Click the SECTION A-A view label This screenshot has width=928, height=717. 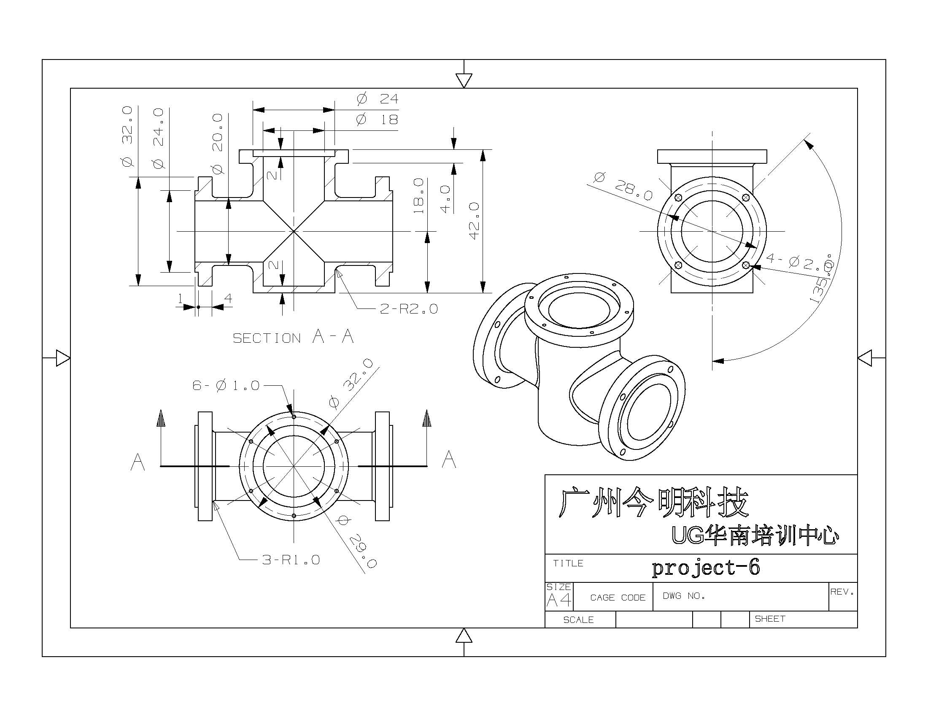tap(293, 337)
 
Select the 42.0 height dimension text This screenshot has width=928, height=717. tap(474, 221)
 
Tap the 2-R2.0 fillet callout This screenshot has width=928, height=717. tap(408, 309)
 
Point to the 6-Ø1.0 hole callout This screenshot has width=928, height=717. tap(226, 385)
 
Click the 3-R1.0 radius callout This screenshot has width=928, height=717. tap(291, 560)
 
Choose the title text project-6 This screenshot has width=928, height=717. tap(706, 568)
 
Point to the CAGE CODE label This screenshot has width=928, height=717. tap(618, 598)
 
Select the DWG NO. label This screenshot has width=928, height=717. tap(684, 596)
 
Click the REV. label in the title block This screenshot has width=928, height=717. tap(842, 592)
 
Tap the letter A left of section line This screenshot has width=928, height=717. tap(137, 462)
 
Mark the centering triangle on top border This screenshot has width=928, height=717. tap(464, 80)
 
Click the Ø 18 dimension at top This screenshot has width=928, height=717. tap(377, 119)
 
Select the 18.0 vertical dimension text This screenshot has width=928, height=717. tap(418, 195)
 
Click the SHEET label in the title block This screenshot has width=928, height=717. tap(769, 619)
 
